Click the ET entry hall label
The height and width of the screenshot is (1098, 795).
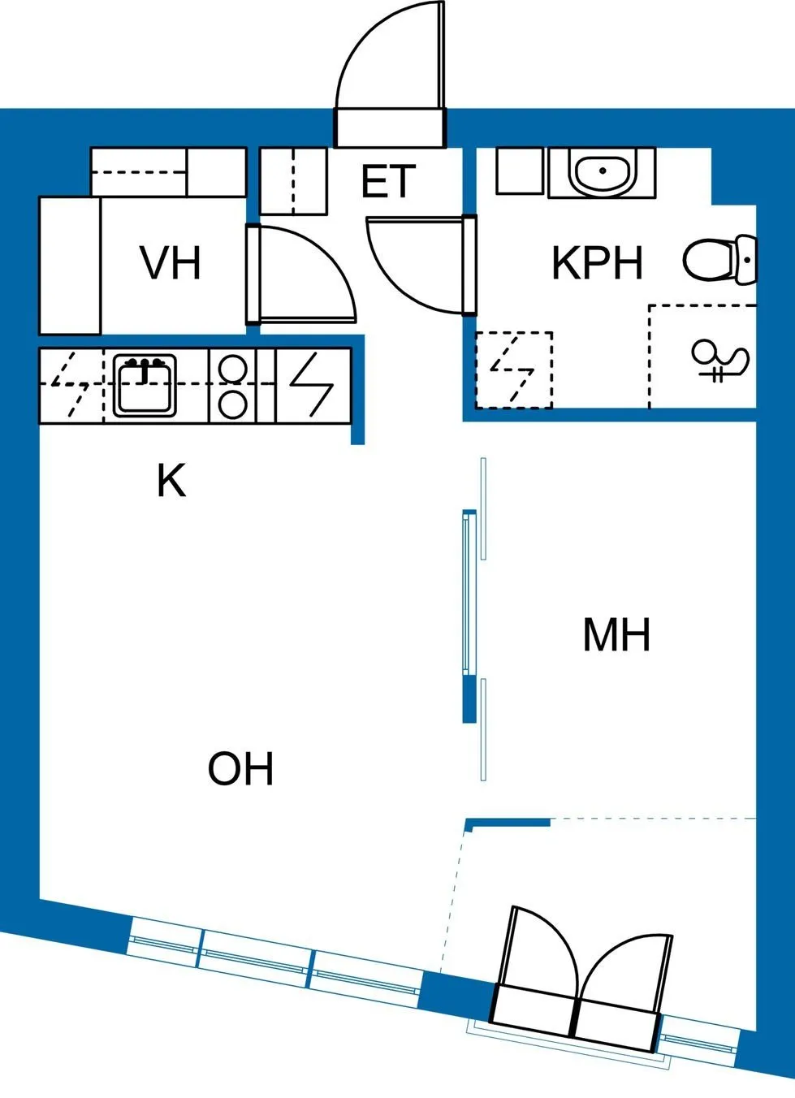click(x=388, y=181)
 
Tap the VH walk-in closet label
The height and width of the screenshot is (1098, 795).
click(x=170, y=263)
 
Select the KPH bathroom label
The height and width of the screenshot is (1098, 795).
click(x=597, y=263)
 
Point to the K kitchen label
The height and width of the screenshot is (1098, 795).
click(x=171, y=481)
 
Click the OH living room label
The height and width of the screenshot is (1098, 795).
click(x=240, y=768)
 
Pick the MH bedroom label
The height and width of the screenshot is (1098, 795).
click(x=616, y=635)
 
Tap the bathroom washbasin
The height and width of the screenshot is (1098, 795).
click(x=603, y=171)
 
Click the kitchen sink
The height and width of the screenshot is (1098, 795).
click(x=145, y=385)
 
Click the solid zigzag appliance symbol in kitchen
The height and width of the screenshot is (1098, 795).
click(x=312, y=385)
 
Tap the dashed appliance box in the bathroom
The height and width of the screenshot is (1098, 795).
click(x=514, y=370)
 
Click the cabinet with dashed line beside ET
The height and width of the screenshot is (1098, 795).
click(x=293, y=181)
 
